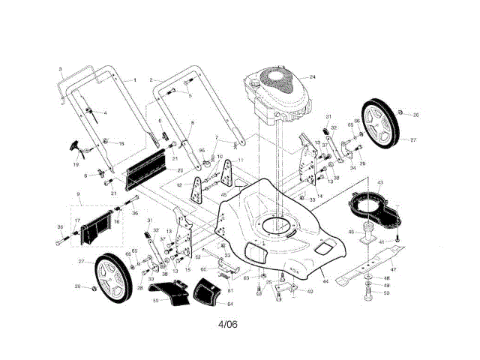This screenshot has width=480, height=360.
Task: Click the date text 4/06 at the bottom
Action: coord(229,324)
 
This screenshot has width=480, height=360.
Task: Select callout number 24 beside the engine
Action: coord(313,77)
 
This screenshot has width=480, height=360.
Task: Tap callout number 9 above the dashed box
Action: coord(77,194)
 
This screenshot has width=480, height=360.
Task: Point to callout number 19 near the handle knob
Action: coord(76,163)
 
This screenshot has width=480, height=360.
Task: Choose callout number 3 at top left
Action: coord(60,69)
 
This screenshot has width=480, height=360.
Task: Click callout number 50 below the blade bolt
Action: coord(387,293)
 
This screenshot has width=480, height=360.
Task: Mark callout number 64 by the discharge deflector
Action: coord(230,304)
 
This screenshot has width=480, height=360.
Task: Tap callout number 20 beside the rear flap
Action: coord(180,170)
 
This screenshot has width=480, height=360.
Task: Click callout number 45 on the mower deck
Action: coord(223,195)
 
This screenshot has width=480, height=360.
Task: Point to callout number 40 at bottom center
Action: coord(310,292)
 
